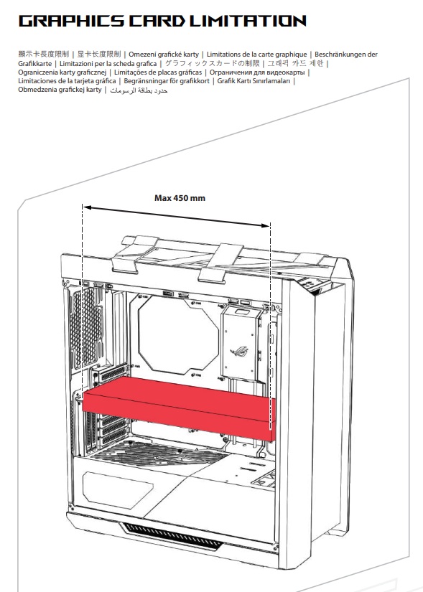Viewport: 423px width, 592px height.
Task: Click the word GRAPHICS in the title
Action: (x=71, y=21)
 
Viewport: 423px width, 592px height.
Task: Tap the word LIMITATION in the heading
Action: (x=248, y=21)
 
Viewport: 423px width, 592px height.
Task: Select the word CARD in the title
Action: (x=157, y=21)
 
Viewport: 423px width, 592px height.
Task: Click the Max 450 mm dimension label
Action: (x=180, y=198)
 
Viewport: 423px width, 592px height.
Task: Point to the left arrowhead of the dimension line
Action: (x=87, y=207)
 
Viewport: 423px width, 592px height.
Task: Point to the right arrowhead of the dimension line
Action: (x=266, y=225)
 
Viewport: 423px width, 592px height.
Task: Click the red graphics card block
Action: (x=179, y=408)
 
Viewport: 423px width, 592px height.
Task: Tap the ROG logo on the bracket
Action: (x=239, y=352)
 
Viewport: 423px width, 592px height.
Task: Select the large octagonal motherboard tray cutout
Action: (x=178, y=334)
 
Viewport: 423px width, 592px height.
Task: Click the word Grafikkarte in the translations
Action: (x=34, y=63)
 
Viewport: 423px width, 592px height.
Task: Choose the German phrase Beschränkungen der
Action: (x=346, y=55)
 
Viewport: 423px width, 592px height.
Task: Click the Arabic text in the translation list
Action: (x=139, y=90)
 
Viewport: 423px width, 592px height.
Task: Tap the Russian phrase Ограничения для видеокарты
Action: (x=257, y=72)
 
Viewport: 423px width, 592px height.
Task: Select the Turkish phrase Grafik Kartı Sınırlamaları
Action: (x=254, y=81)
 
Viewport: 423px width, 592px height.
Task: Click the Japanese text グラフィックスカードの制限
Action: (x=212, y=63)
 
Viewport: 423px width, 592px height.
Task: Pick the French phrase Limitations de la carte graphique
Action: (x=256, y=55)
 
